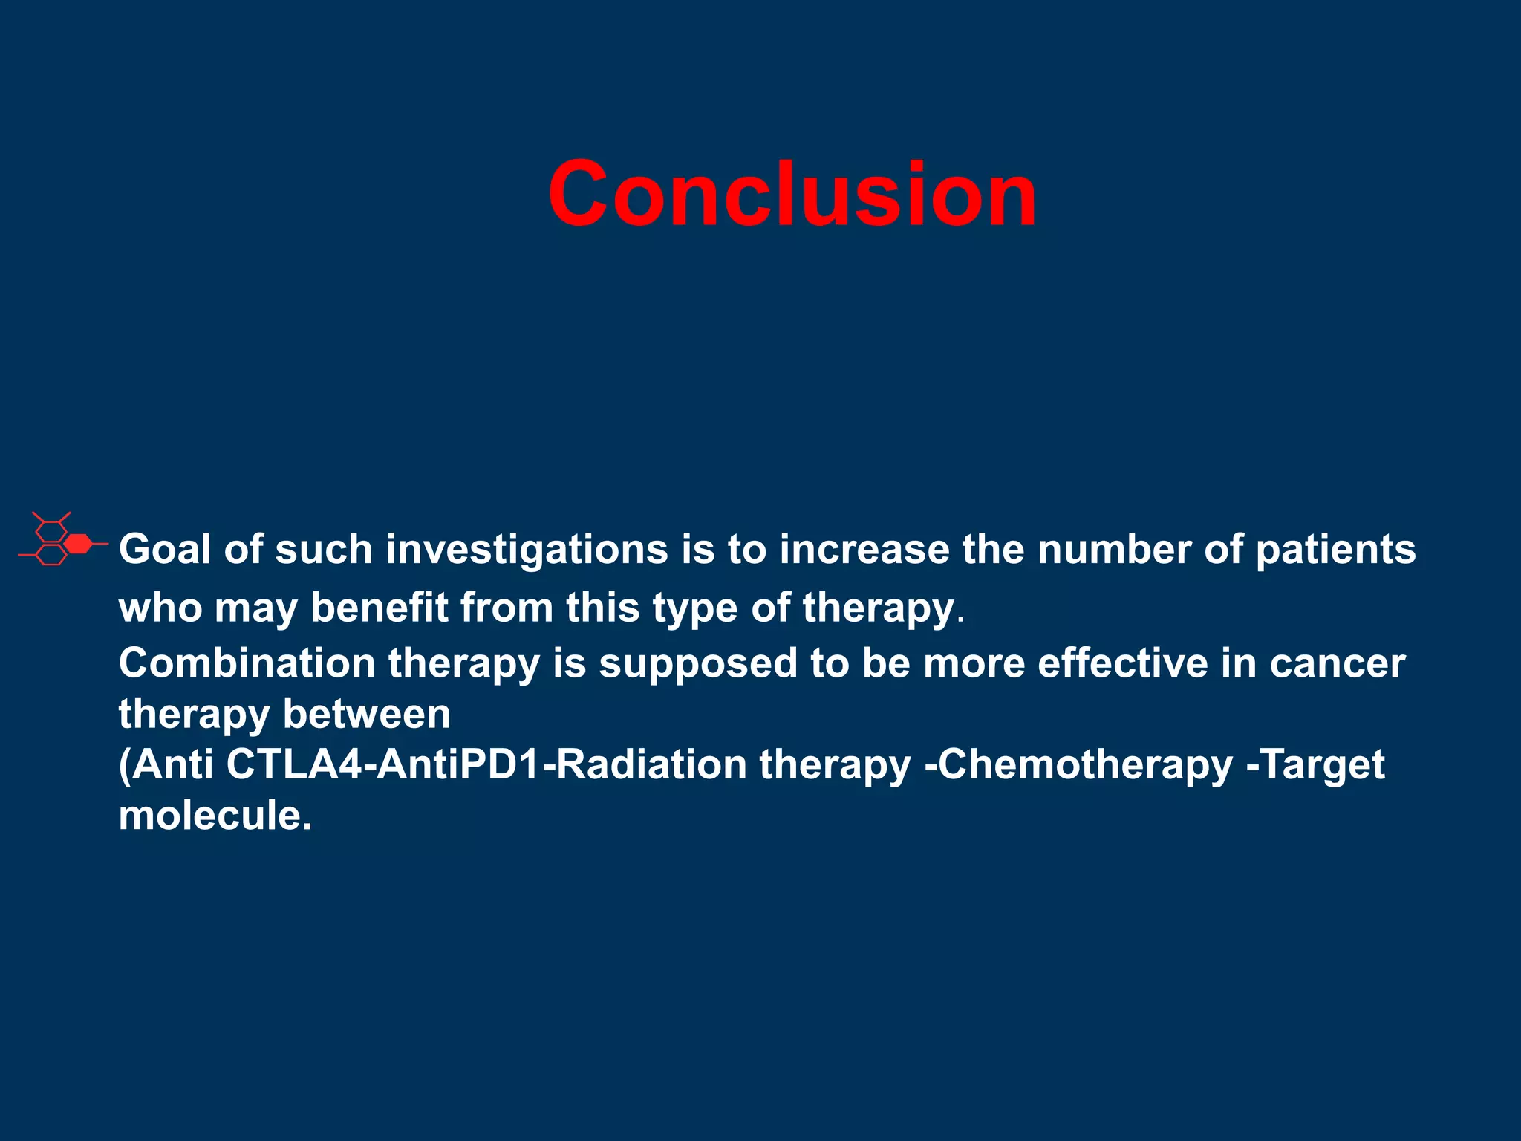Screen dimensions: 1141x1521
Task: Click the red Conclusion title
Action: [792, 195]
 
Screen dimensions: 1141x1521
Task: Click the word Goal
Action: [165, 550]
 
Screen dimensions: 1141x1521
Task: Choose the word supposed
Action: [698, 664]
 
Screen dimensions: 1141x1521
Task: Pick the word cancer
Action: [1337, 664]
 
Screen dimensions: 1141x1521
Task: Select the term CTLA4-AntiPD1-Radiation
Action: [486, 764]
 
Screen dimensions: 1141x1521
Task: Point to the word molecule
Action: [214, 816]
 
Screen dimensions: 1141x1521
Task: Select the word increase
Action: [864, 550]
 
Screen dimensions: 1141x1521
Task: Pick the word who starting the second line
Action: [160, 608]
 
